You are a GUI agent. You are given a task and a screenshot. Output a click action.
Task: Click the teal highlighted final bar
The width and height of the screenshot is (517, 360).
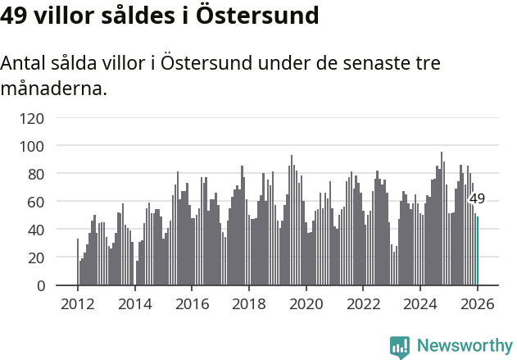[478, 251]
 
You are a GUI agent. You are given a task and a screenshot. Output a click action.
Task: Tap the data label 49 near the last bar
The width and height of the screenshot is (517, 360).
[477, 198]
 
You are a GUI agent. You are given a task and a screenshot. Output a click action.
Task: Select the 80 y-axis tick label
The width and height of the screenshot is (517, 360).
[35, 174]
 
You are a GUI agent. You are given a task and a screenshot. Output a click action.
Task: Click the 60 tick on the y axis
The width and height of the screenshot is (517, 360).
[35, 202]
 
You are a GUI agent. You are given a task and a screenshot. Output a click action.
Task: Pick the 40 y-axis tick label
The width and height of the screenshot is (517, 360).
[35, 230]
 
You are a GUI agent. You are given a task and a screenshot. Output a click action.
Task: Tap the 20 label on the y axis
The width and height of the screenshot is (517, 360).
[35, 257]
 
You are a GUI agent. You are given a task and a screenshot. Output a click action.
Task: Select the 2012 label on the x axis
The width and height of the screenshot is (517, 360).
[78, 303]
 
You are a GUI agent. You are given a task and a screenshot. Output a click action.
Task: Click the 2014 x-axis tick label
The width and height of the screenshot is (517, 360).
[135, 303]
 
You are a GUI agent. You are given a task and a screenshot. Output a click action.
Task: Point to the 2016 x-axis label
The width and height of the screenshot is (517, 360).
[192, 303]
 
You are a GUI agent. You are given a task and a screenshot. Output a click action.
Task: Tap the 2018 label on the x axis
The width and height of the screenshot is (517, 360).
[249, 303]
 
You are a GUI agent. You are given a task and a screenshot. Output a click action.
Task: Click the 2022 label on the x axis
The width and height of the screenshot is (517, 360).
[363, 303]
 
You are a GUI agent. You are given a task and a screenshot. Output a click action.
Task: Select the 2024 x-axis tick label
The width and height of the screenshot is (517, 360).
[420, 303]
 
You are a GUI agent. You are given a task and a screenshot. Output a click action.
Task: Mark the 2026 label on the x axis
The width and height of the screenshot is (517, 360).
[477, 303]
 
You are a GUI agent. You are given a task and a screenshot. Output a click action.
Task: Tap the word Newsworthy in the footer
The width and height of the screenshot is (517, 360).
[465, 345]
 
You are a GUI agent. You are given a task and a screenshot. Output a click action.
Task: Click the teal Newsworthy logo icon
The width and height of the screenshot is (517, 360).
[400, 347]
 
